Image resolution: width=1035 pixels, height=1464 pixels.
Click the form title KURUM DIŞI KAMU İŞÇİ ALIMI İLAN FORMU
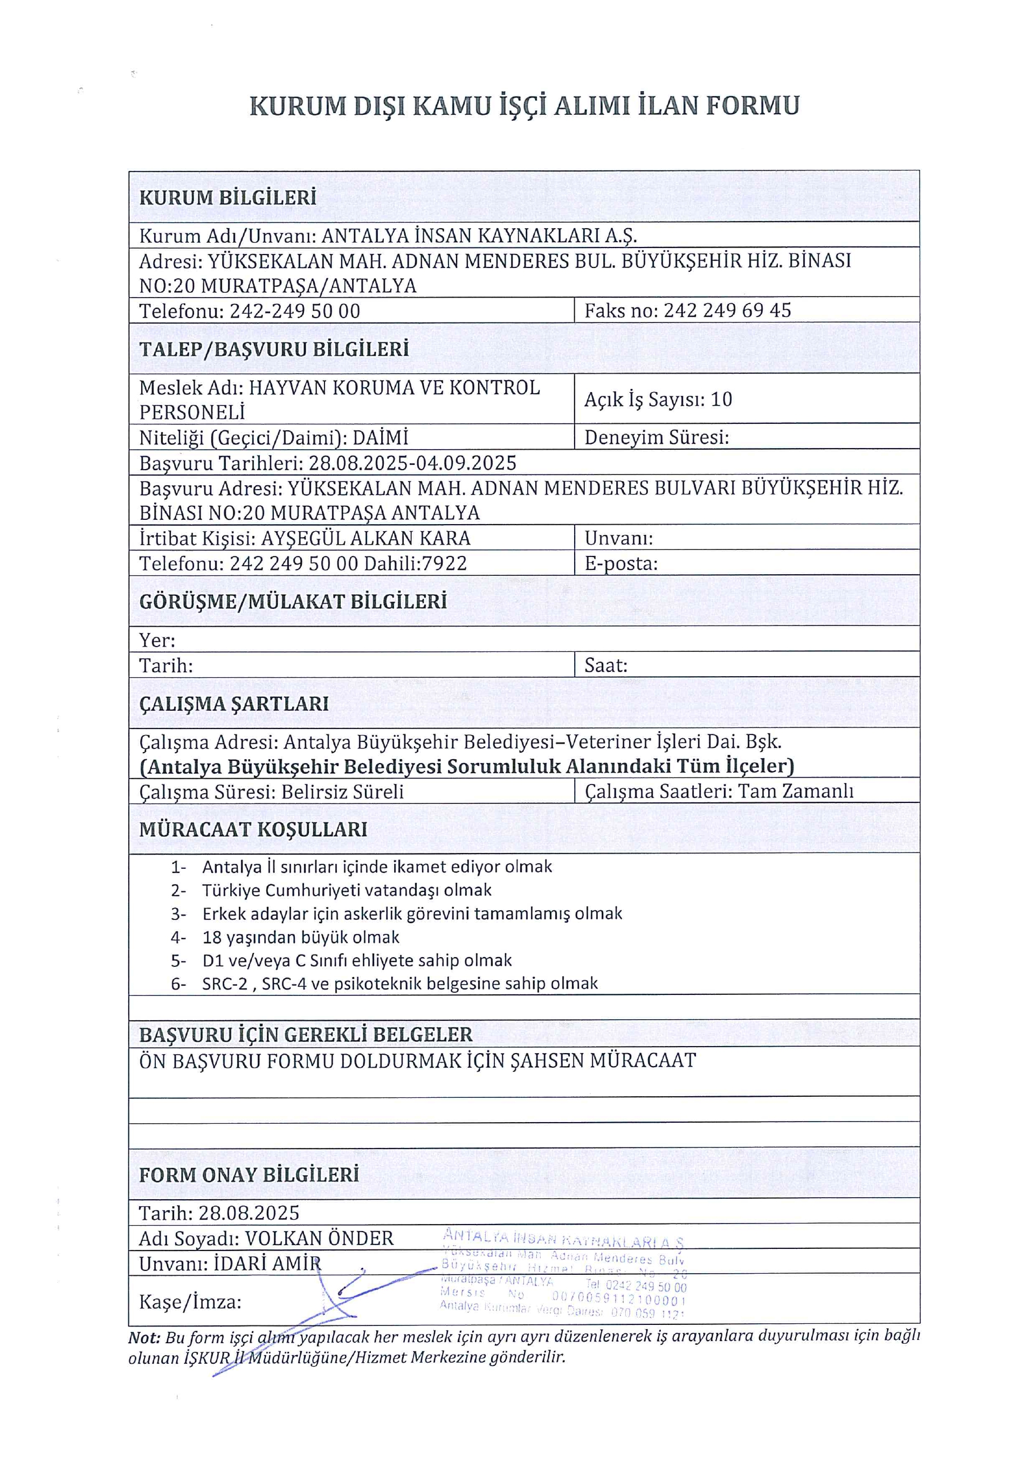[524, 106]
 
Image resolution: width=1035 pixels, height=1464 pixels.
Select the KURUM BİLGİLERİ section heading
[227, 198]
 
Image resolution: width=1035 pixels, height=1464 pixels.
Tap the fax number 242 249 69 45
[727, 311]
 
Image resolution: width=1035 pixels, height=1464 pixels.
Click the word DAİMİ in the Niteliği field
[380, 438]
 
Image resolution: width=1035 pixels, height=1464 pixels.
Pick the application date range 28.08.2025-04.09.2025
[412, 463]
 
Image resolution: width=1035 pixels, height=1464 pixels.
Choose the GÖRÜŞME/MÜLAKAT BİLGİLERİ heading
[293, 601]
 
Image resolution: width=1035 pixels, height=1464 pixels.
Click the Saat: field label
[605, 666]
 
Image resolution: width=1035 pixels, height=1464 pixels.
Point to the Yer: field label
[157, 640]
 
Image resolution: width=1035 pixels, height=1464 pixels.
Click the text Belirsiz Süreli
[343, 792]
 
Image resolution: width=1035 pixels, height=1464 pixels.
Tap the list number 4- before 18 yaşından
[178, 937]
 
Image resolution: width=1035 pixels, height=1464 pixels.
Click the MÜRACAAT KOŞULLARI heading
[253, 829]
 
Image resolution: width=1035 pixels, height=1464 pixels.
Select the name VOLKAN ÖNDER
[319, 1238]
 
